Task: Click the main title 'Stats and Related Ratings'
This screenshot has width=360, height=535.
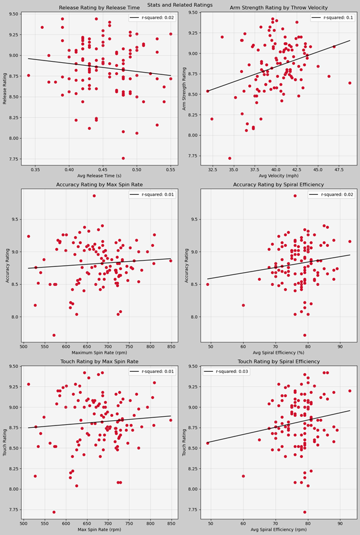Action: (180, 4)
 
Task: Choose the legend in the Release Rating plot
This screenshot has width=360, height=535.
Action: (148, 18)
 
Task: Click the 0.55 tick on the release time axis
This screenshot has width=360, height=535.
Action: (170, 171)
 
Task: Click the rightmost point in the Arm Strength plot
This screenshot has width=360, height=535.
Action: (350, 83)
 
